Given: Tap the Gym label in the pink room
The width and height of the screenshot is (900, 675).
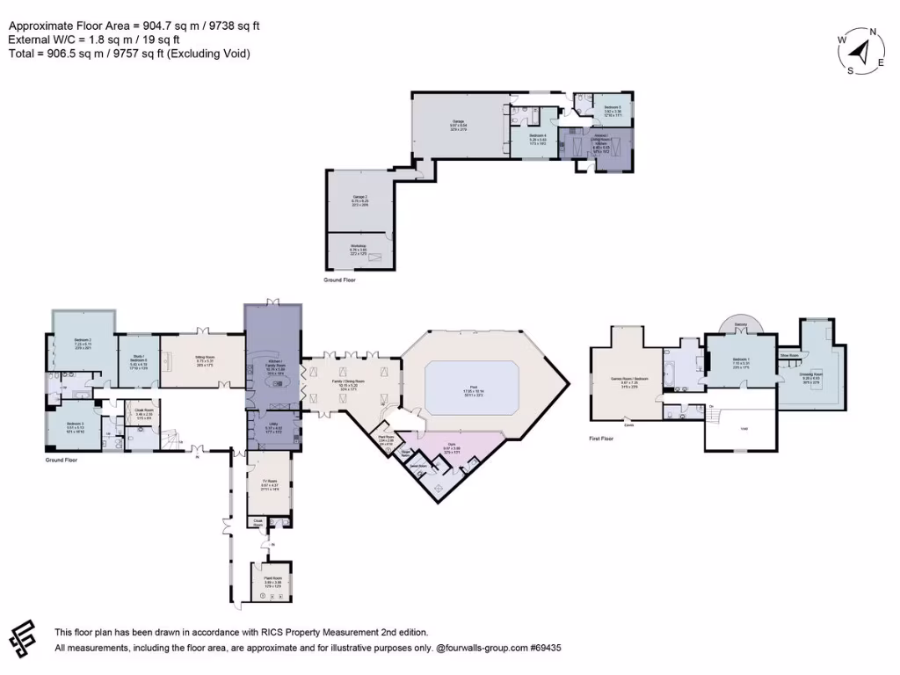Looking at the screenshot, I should [452, 446].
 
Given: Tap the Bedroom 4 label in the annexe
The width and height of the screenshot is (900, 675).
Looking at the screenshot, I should [538, 136].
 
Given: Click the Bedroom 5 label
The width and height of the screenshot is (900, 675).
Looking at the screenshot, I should [613, 108].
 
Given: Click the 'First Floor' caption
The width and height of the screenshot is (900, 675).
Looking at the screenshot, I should [606, 436].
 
